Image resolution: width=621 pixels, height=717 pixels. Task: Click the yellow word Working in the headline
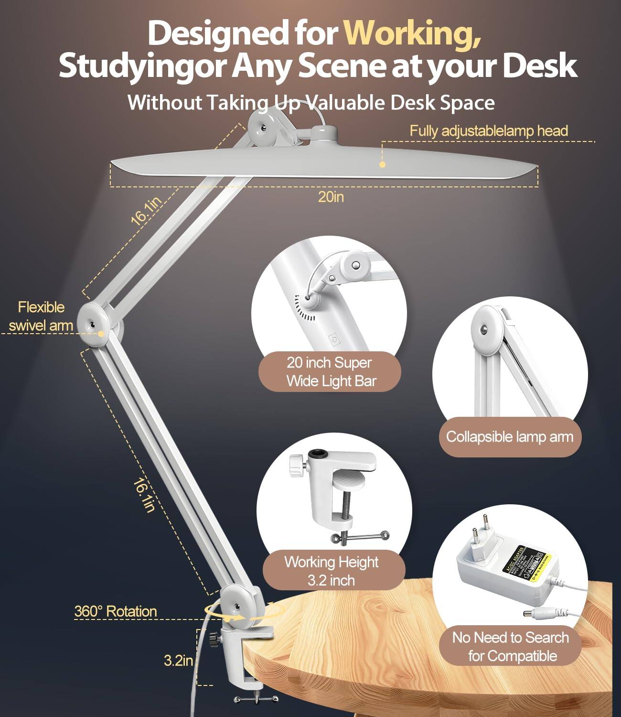click(412, 33)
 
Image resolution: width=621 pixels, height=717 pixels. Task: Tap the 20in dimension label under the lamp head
click(331, 197)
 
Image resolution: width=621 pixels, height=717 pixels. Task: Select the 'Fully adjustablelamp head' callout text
click(489, 131)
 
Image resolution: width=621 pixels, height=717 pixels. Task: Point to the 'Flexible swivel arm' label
click(41, 316)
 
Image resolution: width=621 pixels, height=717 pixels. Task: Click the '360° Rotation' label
click(116, 611)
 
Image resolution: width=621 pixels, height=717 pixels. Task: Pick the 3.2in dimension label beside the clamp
click(178, 661)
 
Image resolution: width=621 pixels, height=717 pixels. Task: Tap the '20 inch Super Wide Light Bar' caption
click(330, 371)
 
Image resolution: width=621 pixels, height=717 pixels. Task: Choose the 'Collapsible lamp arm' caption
click(509, 436)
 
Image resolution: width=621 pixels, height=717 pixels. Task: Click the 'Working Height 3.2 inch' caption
click(332, 571)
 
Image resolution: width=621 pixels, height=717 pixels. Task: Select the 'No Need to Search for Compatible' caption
click(511, 646)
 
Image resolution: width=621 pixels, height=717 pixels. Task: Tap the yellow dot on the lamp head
click(382, 164)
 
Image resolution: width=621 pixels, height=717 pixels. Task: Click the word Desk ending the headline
click(540, 65)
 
